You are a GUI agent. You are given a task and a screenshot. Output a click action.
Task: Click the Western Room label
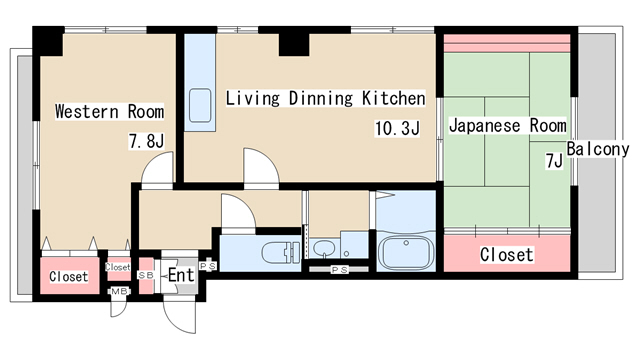pos(109,111)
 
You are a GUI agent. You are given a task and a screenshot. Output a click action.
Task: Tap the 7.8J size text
pos(146,141)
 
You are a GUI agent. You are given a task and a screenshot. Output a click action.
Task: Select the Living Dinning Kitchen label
pos(325,98)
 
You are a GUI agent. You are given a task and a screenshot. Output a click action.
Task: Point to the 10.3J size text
pos(397,128)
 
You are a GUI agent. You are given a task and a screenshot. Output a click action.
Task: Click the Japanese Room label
pos(507,125)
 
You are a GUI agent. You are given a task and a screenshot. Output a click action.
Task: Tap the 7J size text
pos(554,160)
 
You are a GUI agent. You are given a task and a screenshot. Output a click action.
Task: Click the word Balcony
pos(598,149)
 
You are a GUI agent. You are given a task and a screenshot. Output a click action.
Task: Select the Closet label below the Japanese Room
pos(507,255)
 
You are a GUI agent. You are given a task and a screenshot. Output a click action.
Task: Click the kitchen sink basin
pos(200,105)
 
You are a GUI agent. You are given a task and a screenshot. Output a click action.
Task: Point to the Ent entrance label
pos(181,275)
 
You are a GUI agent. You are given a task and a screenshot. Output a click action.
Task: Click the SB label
pos(146,275)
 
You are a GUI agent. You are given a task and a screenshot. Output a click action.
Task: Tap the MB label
pos(119,291)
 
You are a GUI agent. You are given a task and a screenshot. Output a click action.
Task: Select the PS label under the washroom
pos(339,269)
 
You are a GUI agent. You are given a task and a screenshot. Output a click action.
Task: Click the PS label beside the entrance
pos(208,266)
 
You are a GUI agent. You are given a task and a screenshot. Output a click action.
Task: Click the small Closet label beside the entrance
pos(118,267)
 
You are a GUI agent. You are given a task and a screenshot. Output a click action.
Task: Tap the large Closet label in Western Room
pos(69,276)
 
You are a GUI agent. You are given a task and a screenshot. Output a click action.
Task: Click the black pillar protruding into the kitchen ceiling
pos(294,44)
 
